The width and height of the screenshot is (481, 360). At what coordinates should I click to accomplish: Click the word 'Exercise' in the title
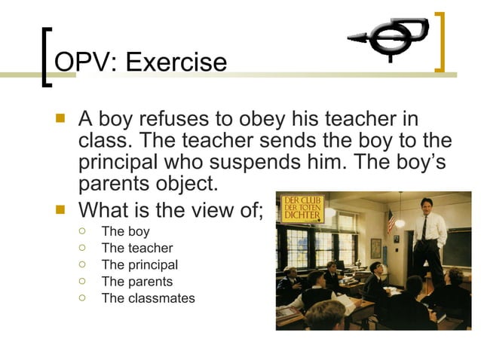[176, 61]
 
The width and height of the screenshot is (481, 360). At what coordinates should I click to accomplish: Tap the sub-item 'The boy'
[125, 231]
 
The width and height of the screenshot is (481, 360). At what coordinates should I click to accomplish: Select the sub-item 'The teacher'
[136, 248]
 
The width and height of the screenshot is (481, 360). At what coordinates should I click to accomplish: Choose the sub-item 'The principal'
[139, 264]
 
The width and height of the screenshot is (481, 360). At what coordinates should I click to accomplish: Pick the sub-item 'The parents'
[136, 281]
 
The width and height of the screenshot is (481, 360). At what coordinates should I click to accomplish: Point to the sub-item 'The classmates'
[148, 297]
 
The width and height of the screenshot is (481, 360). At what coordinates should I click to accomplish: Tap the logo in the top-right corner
[387, 39]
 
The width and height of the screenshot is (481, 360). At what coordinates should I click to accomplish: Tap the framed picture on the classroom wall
[375, 247]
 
